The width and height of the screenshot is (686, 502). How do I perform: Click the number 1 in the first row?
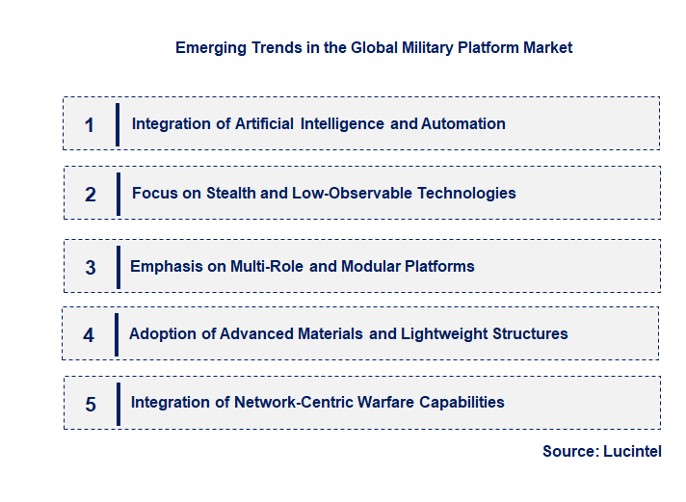click(90, 125)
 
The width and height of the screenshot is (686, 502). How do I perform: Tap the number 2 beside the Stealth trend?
click(91, 195)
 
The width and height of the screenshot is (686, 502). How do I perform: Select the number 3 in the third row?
click(91, 268)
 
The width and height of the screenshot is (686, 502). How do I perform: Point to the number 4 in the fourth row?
click(89, 335)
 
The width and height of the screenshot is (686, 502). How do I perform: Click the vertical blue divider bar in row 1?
click(117, 124)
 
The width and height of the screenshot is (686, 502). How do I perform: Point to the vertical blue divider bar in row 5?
click(118, 404)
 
